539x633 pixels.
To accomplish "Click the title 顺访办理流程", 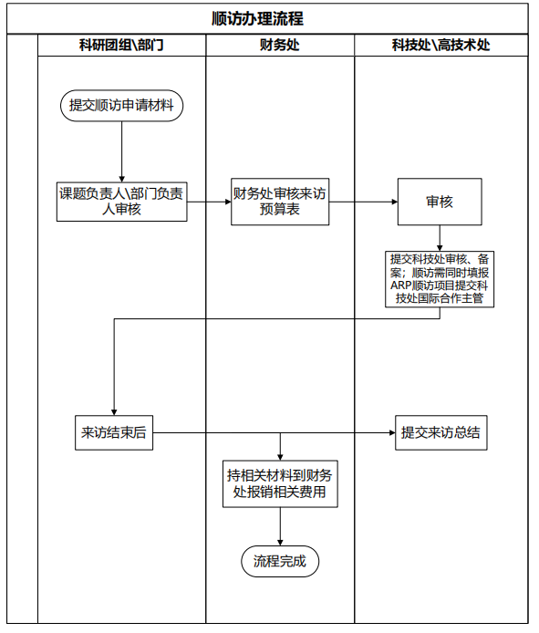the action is pos(257,18).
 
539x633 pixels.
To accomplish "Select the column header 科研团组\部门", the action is pos(121,45).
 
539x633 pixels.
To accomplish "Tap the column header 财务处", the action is pos(279,45).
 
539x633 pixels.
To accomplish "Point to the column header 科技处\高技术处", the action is pos(441,45).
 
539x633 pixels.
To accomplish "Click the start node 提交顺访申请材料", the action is pos(121,106).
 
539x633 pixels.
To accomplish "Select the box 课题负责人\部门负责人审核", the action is pos(121,202).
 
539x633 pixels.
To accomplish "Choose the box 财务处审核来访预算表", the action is pos(280,202).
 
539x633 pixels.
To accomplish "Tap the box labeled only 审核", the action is pos(440,202).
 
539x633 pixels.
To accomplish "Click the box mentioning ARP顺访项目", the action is pos(440,279).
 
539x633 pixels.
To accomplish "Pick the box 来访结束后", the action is pos(114,432).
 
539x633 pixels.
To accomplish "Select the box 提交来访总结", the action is pos(441,432).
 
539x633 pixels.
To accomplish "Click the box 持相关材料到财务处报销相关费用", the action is pos(280,483).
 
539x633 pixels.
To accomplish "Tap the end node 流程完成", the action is pos(280,561).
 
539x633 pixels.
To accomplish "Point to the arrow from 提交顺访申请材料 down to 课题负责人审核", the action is pos(121,151).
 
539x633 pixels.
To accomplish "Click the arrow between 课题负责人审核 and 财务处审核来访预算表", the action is pos(209,202).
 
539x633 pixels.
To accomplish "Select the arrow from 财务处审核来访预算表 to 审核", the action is pos(363,202).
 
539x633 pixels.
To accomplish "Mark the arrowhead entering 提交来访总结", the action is pos(392,432).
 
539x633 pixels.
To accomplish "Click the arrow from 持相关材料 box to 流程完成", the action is pos(280,526).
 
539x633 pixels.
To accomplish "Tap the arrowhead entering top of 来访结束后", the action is pos(114,412).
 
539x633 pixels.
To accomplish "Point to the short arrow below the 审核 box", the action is pos(440,238).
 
